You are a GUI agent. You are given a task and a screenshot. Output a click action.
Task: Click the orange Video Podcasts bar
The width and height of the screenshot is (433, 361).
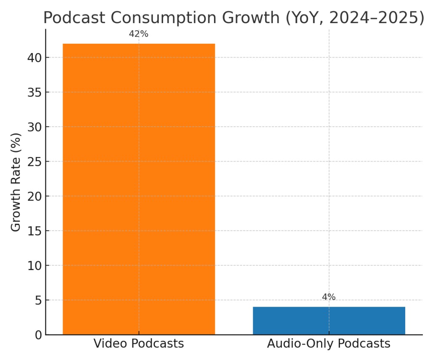coord(139,189)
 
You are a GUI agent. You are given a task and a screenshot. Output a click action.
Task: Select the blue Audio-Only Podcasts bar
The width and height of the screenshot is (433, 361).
coord(329,321)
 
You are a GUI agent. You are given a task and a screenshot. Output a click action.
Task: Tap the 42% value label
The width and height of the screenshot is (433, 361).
coord(139,34)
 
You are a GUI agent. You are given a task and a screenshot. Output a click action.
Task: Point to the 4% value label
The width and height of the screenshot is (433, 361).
coord(329,297)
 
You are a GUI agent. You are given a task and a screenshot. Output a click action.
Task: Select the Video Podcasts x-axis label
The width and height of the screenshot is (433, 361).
coord(139,344)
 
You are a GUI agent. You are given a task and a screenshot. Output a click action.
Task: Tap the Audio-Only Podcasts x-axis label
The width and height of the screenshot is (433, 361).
coord(329,344)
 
